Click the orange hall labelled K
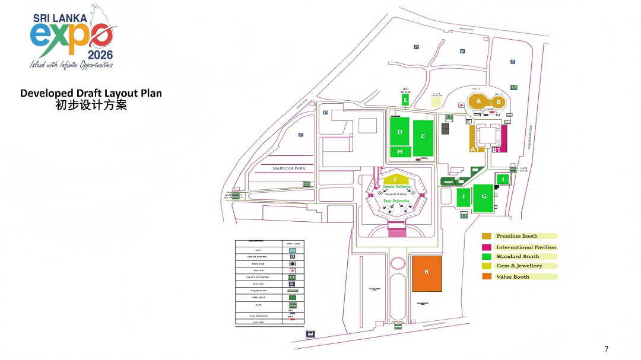pyautogui.click(x=427, y=273)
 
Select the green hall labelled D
pyautogui.click(x=400, y=132)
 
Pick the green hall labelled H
pyautogui.click(x=400, y=152)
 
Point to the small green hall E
pyautogui.click(x=406, y=100)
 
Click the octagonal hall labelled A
pyautogui.click(x=478, y=101)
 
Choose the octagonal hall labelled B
pyautogui.click(x=499, y=102)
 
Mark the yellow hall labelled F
pyautogui.click(x=396, y=179)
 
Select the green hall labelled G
pyautogui.click(x=484, y=196)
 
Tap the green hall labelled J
pyautogui.click(x=463, y=196)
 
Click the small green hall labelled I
pyautogui.click(x=503, y=179)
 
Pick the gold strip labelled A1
pyautogui.click(x=473, y=138)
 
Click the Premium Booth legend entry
pyautogui.click(x=516, y=236)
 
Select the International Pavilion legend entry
pyautogui.click(x=526, y=247)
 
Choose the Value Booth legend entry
pyautogui.click(x=512, y=277)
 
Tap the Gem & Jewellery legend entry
pyautogui.click(x=519, y=266)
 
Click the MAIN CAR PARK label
pyautogui.click(x=288, y=168)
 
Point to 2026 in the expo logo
pyautogui.click(x=99, y=55)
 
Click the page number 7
pyautogui.click(x=606, y=349)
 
